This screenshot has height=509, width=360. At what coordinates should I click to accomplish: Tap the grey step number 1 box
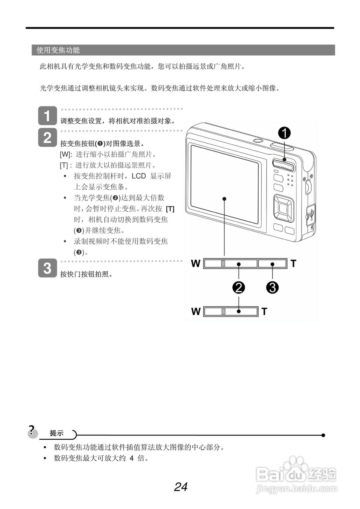pyautogui.click(x=47, y=117)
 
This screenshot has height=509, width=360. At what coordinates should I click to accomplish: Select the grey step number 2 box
pyautogui.click(x=47, y=138)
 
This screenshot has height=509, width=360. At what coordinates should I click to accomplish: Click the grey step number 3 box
pyautogui.click(x=47, y=268)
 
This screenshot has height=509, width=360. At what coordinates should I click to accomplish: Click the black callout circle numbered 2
pyautogui.click(x=239, y=287)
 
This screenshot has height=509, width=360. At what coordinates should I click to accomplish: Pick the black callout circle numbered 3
pyautogui.click(x=272, y=287)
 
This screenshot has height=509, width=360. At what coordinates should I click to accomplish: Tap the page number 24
pyautogui.click(x=181, y=487)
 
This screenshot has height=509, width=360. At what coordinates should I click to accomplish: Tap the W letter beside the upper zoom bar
pyautogui.click(x=196, y=264)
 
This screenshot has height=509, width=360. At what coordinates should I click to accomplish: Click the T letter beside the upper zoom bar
pyautogui.click(x=293, y=263)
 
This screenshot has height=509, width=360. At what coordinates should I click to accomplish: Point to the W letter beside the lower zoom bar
pyautogui.click(x=196, y=311)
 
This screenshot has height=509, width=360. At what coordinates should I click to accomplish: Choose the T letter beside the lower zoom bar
pyautogui.click(x=265, y=311)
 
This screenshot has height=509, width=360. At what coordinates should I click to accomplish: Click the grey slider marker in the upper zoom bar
pyautogui.click(x=224, y=263)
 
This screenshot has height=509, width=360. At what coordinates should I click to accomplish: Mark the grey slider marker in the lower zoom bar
pyautogui.click(x=224, y=311)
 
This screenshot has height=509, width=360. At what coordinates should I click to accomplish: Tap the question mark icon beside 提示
pyautogui.click(x=32, y=431)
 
